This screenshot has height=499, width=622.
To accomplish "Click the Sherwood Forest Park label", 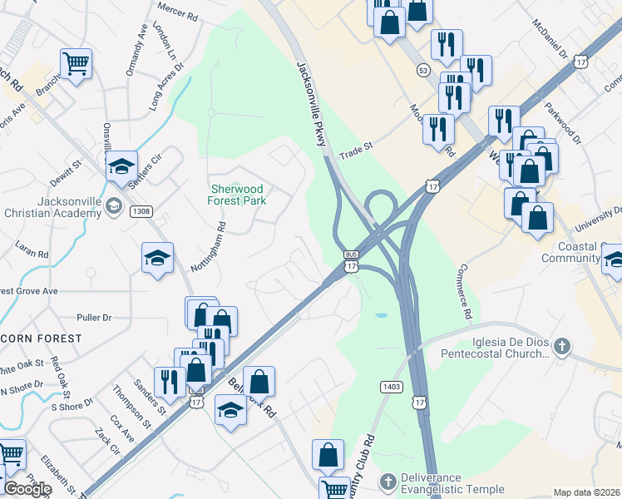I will (237, 195).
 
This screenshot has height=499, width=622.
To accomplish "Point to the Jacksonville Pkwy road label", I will (309, 104).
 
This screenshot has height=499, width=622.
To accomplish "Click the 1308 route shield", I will (141, 211).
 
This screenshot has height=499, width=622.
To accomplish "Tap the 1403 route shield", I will (391, 387).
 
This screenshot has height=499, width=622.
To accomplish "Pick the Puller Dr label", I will (93, 318).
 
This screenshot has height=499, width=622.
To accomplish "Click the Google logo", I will (27, 489).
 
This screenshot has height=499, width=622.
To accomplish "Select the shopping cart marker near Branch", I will (76, 62).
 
